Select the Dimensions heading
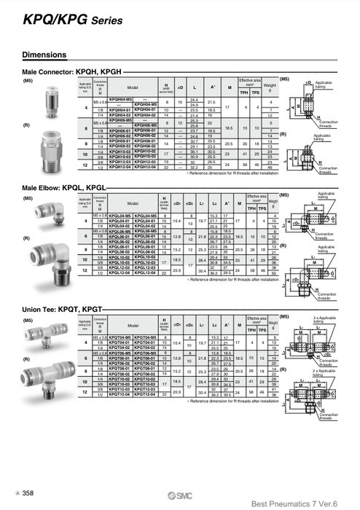[46, 55]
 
